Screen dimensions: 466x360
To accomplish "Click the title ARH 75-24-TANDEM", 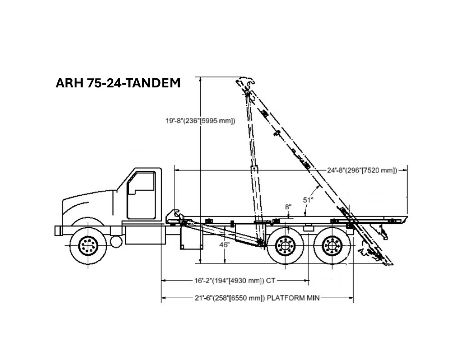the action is tap(118, 83).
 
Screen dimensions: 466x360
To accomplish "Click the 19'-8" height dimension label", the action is tap(200, 121).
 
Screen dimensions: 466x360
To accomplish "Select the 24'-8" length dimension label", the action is tap(362, 170).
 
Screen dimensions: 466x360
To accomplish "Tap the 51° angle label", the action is tap(308, 200).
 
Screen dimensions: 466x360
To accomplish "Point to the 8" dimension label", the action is tap(288, 207).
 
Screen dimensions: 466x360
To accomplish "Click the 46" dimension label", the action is tap(224, 245).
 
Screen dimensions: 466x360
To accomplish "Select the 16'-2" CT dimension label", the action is tap(235, 280).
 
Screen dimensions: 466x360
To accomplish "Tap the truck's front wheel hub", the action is tap(88, 246).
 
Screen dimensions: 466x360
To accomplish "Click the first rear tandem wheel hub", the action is tap(285, 246).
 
